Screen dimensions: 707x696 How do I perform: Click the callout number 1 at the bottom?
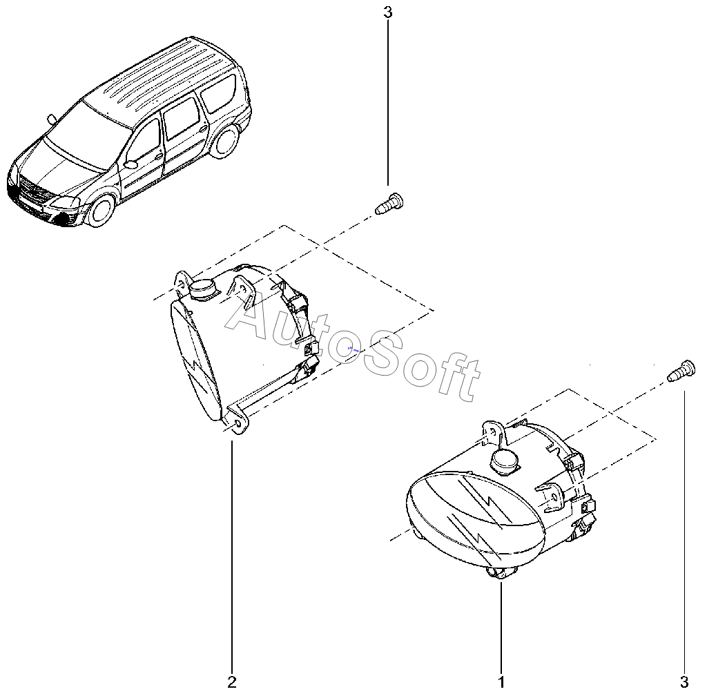tap(502, 681)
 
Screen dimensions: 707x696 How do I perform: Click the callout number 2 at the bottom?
tap(232, 681)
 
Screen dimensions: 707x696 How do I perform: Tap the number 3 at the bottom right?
tap(685, 681)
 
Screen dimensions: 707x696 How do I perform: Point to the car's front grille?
tap(32, 188)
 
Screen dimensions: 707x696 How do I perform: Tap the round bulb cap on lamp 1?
tap(505, 459)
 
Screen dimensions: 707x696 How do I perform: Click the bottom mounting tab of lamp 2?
tap(237, 423)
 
